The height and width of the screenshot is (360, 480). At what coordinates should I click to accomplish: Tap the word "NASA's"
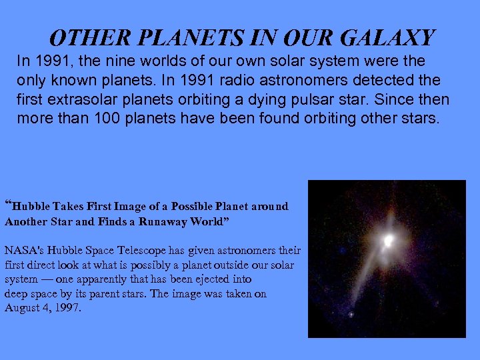23,251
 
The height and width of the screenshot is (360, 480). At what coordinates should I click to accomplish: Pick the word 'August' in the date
23,308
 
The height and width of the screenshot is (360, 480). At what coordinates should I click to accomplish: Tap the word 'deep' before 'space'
17,294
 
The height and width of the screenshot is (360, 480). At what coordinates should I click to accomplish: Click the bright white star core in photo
387,239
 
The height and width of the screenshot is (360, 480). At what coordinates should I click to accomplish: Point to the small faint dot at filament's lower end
351,314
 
